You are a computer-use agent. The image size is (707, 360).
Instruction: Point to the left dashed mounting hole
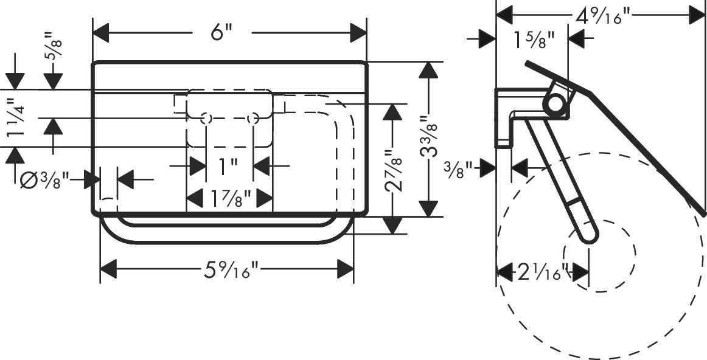click(206, 118)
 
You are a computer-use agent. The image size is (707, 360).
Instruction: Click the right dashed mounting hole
click(253, 118)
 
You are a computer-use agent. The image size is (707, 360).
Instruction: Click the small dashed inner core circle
click(599, 252)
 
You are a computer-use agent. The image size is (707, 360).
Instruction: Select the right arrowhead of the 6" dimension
click(359, 32)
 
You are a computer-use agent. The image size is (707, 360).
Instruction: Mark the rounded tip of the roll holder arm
click(587, 234)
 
